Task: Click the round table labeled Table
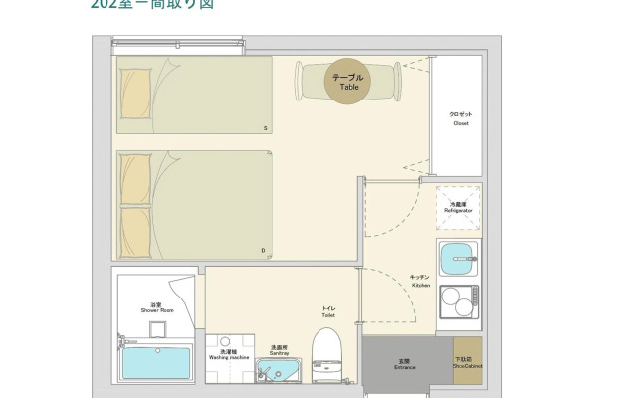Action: tap(347, 81)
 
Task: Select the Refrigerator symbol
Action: tap(458, 207)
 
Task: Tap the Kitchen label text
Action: tap(421, 281)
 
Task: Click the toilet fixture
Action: tap(326, 352)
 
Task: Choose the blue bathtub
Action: tap(156, 363)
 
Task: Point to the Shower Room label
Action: tap(156, 308)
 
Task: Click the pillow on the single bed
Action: tap(136, 87)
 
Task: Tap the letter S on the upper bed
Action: tap(265, 128)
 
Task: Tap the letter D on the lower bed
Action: tap(263, 251)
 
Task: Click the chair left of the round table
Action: tap(303, 80)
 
